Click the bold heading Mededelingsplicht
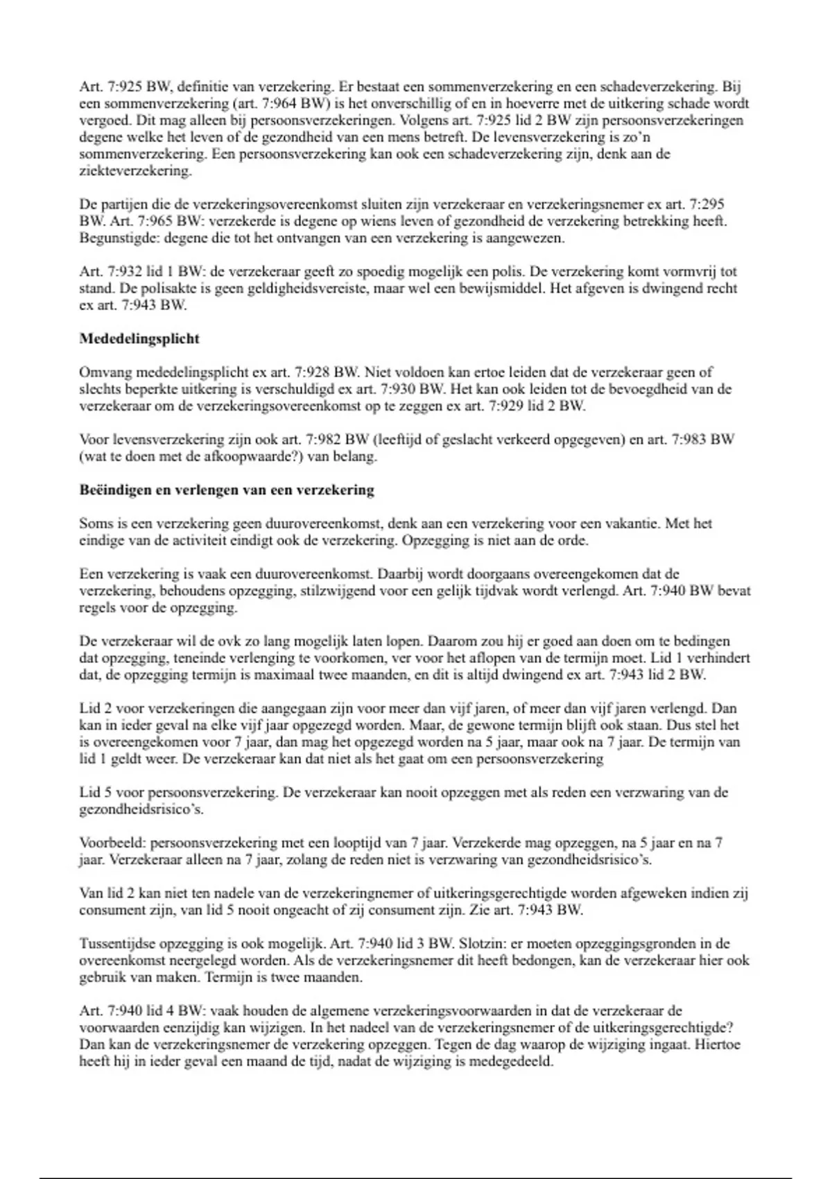pyautogui.click(x=139, y=339)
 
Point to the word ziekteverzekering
pyautogui.click(x=135, y=171)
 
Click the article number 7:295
pyautogui.click(x=707, y=205)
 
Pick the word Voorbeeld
pyautogui.click(x=112, y=843)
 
